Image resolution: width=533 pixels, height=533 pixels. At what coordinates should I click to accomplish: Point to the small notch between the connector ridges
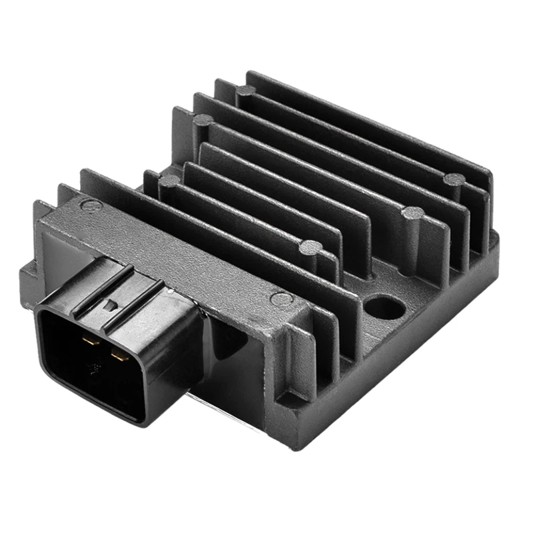click(x=108, y=306)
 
